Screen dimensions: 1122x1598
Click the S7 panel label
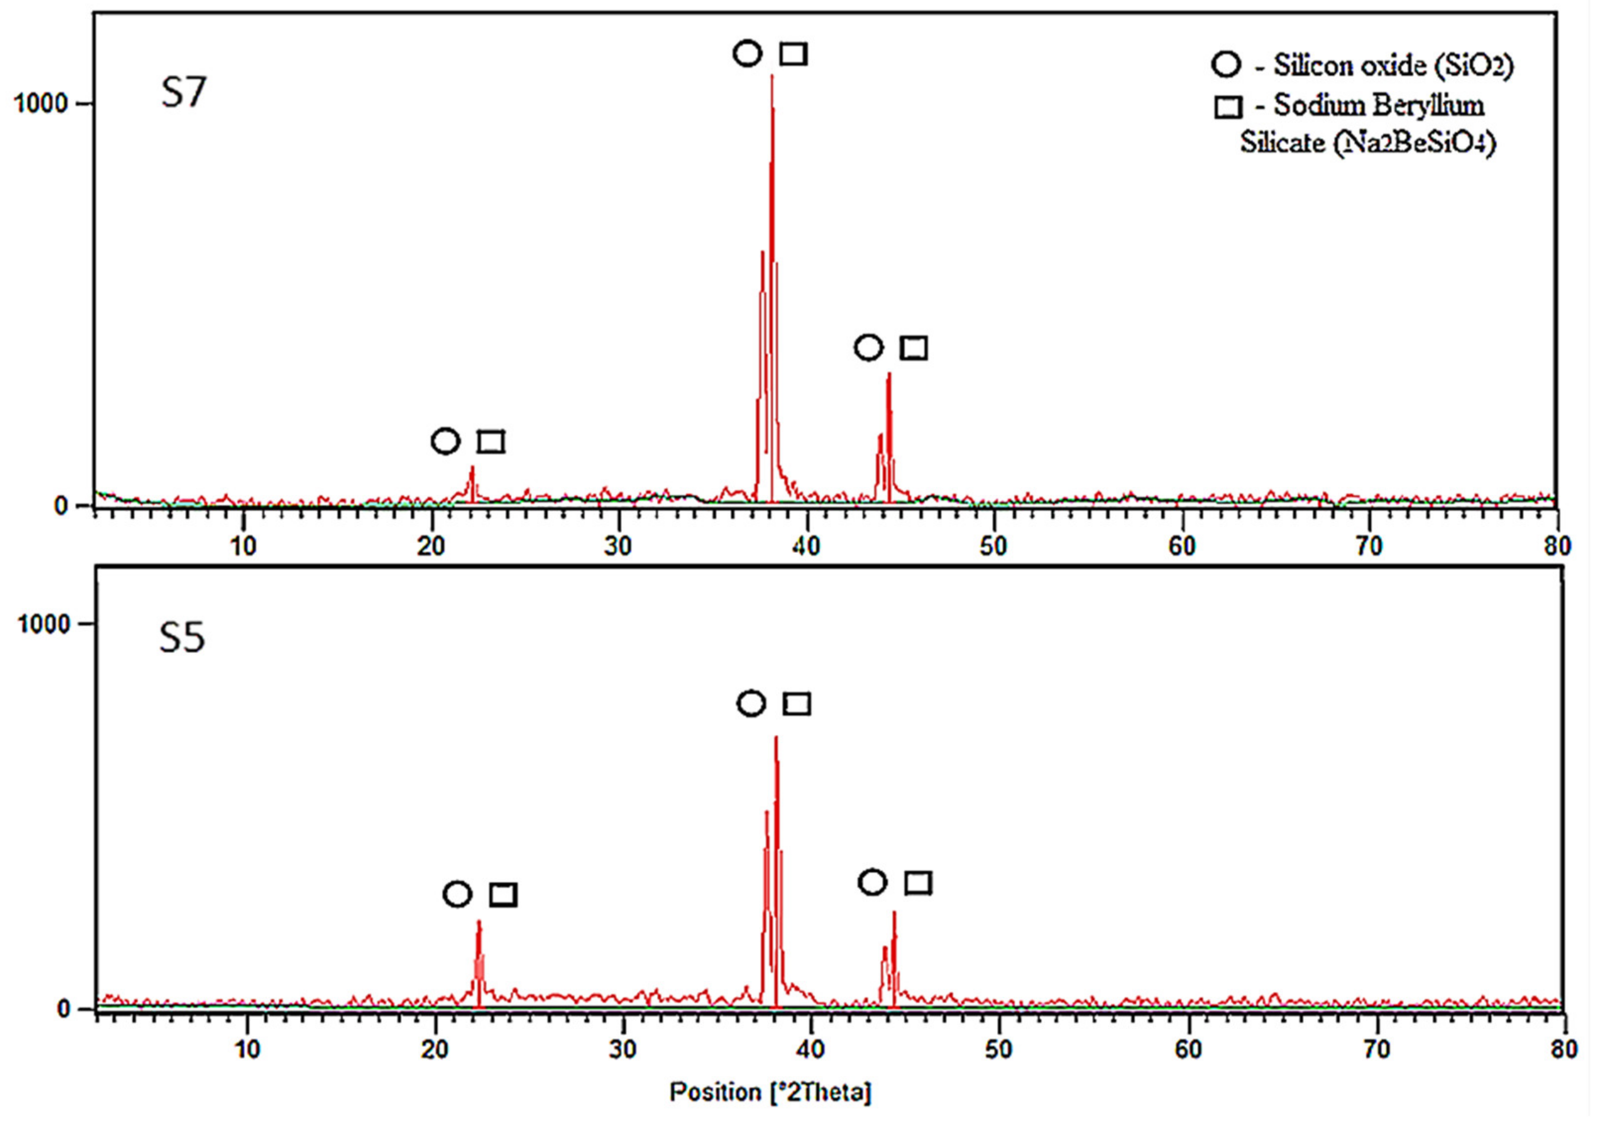click(x=183, y=93)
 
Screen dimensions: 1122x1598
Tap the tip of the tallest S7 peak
click(x=772, y=76)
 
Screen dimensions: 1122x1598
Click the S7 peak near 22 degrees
click(x=472, y=468)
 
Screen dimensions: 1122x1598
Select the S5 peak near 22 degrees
click(x=479, y=922)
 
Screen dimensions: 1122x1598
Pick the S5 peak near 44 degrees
click(x=894, y=912)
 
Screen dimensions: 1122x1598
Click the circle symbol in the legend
click(x=1226, y=65)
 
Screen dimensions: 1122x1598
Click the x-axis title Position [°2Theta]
click(x=770, y=1091)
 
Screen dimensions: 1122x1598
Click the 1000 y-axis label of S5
click(x=44, y=623)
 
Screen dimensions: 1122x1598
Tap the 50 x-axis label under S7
click(x=993, y=547)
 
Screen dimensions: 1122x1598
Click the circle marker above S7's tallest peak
click(x=747, y=54)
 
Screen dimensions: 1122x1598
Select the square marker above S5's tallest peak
click(x=797, y=704)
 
